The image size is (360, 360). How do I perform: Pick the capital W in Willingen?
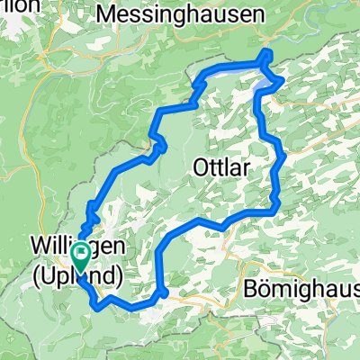37,245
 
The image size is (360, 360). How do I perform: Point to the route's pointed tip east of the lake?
283,80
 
